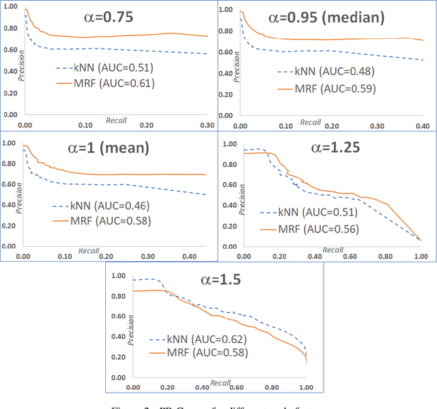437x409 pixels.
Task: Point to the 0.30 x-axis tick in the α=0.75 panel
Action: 207,125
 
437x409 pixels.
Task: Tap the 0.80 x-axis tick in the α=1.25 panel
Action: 386,256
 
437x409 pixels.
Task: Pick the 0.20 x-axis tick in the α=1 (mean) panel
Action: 105,256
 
